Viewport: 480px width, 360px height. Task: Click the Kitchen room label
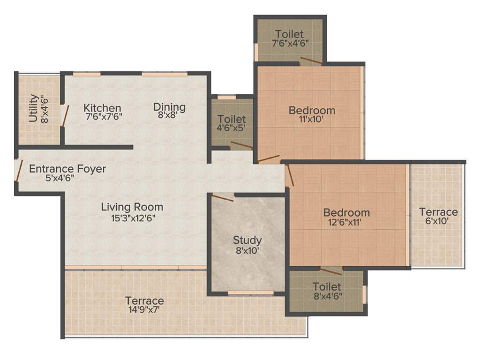103,108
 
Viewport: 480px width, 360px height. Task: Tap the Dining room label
169,107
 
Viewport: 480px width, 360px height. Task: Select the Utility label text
33,108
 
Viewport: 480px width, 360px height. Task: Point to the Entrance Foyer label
67,169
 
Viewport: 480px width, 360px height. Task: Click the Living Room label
132,206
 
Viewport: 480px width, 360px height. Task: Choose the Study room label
247,240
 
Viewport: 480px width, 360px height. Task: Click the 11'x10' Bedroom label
312,111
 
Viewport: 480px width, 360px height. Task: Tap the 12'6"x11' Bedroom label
346,212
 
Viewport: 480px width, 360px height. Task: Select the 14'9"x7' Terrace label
144,300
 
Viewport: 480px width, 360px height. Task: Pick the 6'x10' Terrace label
438,212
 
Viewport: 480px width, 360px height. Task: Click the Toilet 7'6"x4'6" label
289,34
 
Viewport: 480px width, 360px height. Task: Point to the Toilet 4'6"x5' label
232,120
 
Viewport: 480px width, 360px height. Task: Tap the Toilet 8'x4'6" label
327,286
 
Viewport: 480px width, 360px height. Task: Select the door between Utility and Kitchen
66,116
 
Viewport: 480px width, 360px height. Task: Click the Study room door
223,197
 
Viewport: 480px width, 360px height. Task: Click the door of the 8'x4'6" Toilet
331,271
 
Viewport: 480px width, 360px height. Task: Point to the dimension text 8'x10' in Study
247,251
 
